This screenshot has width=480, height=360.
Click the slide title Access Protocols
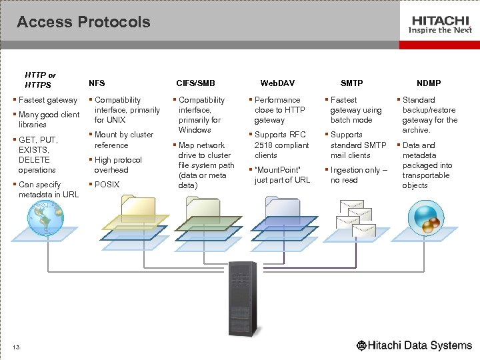83,22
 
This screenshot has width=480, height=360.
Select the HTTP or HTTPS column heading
40,80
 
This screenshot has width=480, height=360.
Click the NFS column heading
97,83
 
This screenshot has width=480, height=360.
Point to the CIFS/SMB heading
195,83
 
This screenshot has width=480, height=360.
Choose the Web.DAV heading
277,83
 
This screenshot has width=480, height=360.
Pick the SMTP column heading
351,83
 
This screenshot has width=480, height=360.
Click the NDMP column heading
429,83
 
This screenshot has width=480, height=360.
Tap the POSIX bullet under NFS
107,185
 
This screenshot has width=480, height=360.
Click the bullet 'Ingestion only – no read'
358,175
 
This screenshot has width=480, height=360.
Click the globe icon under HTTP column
45,218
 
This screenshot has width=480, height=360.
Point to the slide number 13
16,346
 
